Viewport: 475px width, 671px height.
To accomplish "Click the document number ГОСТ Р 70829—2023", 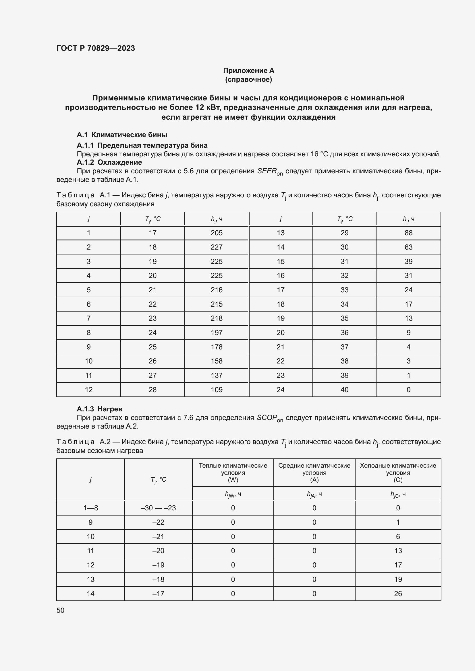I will (96, 48).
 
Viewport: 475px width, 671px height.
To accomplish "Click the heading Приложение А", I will (248, 71).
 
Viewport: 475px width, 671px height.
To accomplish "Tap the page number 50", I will (60, 610).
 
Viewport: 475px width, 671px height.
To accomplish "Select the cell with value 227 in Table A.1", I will (217, 247).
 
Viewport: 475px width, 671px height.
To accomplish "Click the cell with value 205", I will (217, 233).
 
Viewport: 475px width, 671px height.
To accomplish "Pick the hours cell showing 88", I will (408, 233).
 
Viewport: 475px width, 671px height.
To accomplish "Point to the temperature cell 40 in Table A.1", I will (344, 390).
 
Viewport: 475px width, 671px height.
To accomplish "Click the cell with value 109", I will (217, 390).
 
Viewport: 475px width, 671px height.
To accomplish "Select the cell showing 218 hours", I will (217, 318).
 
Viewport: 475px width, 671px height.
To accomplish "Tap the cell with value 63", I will (408, 247).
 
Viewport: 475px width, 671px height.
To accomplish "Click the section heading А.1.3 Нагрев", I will (99, 409).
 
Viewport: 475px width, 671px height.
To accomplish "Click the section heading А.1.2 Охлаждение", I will (109, 162).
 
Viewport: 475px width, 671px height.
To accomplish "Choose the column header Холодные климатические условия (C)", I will (398, 472).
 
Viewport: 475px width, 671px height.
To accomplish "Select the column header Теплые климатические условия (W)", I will (233, 472).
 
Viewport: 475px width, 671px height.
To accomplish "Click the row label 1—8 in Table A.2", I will (90, 508).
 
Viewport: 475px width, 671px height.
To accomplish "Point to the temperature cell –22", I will (158, 522).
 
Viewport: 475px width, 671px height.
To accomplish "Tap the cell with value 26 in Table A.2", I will (398, 594).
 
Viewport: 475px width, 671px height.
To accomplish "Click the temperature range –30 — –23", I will (158, 508).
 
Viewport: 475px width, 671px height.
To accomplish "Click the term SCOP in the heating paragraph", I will (267, 418).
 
